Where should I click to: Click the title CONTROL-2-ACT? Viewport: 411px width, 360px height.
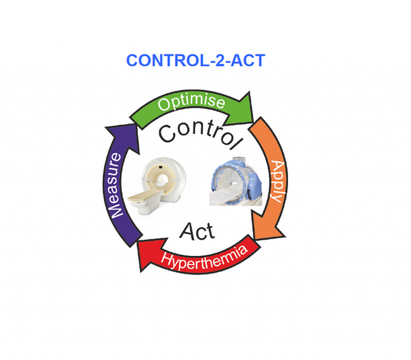tap(195, 61)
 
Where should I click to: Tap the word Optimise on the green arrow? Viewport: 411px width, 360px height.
tap(192, 102)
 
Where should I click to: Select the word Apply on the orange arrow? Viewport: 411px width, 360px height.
tap(277, 182)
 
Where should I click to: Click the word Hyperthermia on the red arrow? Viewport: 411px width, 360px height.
tap(204, 258)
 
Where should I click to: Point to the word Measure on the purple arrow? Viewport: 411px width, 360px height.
tap(115, 185)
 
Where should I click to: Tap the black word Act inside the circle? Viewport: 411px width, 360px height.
tap(197, 231)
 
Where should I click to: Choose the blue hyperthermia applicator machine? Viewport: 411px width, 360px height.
tap(235, 181)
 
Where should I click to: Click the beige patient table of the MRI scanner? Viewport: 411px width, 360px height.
tap(146, 196)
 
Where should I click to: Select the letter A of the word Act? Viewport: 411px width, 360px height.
tap(187, 231)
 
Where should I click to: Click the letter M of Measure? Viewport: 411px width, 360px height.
tap(115, 211)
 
